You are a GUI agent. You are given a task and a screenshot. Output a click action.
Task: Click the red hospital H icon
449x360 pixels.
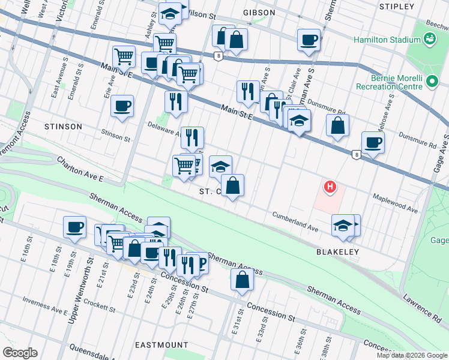click(x=330, y=188)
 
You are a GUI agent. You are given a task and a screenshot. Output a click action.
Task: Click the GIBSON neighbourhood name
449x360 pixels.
click(x=259, y=13)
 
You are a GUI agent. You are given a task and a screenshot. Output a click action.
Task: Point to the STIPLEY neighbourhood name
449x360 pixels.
click(x=397, y=7)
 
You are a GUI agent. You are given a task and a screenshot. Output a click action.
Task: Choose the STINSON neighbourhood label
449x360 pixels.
click(x=63, y=127)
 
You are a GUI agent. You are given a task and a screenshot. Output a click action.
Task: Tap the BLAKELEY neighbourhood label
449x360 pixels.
click(x=337, y=253)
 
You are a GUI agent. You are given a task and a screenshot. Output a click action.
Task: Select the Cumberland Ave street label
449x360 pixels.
click(x=295, y=221)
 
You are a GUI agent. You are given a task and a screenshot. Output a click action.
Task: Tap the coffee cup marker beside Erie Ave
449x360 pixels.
click(x=122, y=107)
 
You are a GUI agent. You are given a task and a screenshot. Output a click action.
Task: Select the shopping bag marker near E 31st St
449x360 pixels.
click(x=241, y=280)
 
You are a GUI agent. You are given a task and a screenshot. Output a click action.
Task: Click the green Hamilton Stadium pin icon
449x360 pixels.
click(x=430, y=40)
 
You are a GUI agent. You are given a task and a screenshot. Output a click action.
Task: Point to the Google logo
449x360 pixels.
click(x=20, y=353)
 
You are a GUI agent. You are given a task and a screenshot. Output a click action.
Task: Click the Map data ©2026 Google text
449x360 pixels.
click(x=411, y=355)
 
